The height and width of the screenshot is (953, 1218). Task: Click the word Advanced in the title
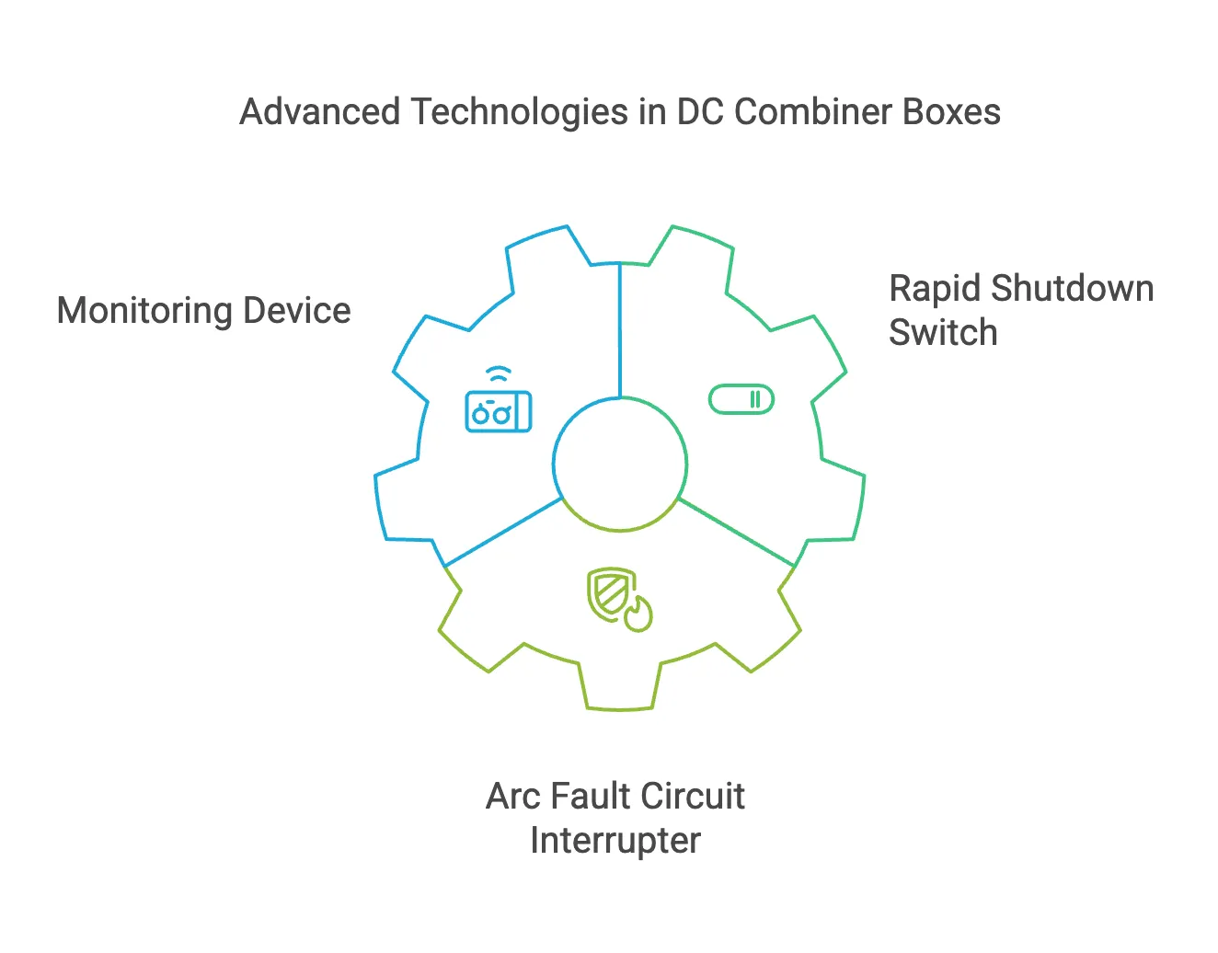tap(319, 112)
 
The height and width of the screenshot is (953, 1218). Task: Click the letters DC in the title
tap(699, 112)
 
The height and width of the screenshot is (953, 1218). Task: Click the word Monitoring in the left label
tap(144, 311)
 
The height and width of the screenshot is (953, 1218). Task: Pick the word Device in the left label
tap(296, 311)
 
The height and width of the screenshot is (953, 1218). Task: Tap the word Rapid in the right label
tap(936, 289)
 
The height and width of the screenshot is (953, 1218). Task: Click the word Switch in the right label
tap(942, 333)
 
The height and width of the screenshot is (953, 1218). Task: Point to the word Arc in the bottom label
tap(512, 797)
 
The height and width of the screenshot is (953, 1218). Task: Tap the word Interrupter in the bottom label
tap(615, 841)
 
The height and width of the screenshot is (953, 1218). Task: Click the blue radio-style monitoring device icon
tap(498, 411)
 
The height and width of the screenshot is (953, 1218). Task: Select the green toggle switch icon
tap(741, 399)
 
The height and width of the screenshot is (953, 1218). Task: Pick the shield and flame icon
tap(618, 599)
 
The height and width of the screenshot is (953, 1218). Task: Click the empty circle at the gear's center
tap(620, 465)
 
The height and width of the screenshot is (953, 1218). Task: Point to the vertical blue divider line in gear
tap(620, 331)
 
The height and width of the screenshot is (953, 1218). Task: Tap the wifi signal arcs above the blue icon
tap(498, 374)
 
